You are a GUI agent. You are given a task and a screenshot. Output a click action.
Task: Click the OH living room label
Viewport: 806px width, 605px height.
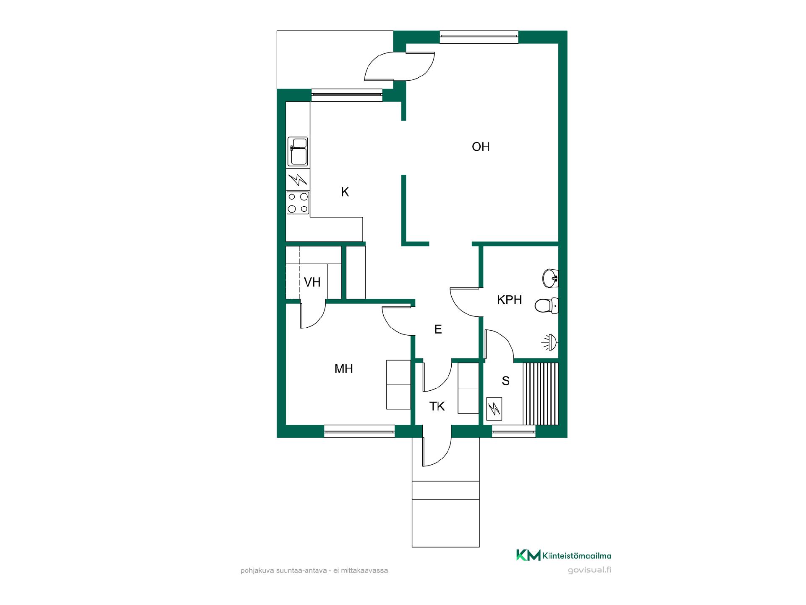(481, 147)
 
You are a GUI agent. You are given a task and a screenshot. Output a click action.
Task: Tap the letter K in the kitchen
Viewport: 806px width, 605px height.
(345, 192)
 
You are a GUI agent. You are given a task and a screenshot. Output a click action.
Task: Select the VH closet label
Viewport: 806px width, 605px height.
(312, 282)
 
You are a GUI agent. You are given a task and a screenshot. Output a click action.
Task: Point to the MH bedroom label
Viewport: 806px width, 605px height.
(343, 369)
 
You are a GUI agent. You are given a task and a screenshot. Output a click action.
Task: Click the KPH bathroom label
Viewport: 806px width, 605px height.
(510, 300)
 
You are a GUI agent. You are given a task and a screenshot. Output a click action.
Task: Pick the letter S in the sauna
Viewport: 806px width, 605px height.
(505, 381)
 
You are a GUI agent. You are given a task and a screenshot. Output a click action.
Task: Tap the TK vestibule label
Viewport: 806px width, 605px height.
(437, 406)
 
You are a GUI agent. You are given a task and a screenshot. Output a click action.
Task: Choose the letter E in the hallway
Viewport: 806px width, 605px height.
(438, 329)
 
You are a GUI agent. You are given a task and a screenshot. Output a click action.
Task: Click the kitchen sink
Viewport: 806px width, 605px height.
(298, 151)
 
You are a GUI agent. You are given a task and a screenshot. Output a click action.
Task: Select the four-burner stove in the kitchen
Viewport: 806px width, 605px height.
(298, 203)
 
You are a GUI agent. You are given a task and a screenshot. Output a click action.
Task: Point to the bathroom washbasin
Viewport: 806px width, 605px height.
(550, 278)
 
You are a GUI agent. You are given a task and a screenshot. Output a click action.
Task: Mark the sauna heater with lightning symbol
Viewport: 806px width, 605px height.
(494, 408)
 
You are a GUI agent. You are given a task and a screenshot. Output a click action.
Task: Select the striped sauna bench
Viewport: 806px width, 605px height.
(541, 394)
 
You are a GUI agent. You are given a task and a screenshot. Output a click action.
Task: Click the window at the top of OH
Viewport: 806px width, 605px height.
(479, 37)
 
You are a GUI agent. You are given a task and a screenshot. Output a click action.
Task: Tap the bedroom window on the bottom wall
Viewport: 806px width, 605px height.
(359, 431)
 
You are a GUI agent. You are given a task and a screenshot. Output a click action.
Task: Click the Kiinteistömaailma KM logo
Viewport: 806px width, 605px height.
(563, 555)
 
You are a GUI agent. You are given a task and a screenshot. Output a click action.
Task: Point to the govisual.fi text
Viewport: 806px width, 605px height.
(589, 571)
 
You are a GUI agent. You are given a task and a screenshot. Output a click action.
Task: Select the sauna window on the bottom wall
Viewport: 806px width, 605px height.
(514, 431)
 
